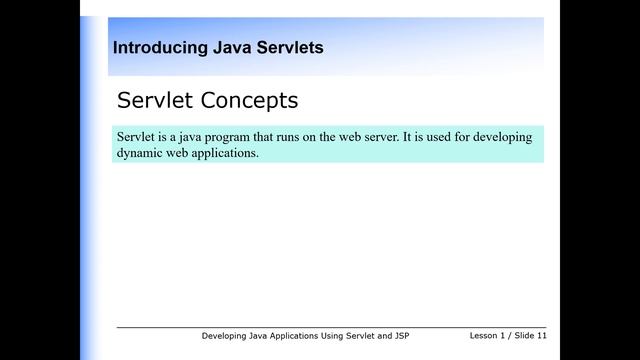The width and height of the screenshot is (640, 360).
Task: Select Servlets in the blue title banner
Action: [288, 47]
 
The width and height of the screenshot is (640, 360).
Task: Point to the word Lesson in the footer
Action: [485, 336]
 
